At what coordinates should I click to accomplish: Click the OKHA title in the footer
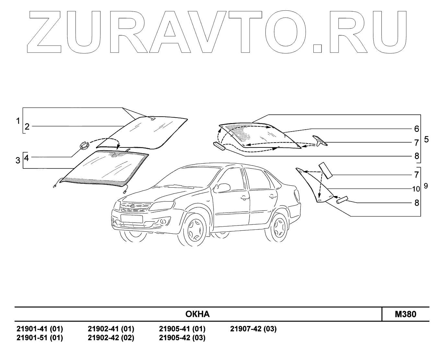tap(197, 314)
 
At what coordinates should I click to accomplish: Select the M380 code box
tap(405, 314)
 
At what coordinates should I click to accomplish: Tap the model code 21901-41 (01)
tap(40, 329)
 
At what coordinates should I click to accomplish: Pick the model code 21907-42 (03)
tap(253, 329)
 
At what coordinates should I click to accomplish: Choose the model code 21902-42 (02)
tap(111, 338)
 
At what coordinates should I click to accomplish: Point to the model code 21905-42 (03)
tap(182, 338)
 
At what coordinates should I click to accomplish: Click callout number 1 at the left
tap(18, 121)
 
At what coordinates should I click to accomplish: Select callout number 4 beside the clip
tap(27, 158)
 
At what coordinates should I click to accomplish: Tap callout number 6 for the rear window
tap(416, 129)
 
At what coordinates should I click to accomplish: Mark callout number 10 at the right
tap(416, 189)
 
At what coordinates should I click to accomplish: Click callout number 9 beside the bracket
tap(426, 186)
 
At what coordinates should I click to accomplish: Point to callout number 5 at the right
tap(426, 139)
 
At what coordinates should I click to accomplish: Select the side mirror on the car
tap(223, 188)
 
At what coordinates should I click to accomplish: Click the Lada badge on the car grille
tap(132, 206)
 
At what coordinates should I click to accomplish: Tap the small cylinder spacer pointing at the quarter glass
tap(342, 199)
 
